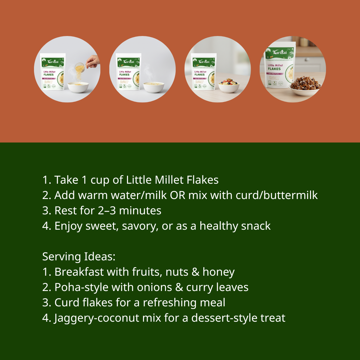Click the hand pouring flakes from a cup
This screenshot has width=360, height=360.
click(x=93, y=61)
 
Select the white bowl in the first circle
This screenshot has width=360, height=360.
click(x=78, y=87)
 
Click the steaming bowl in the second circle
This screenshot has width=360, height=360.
click(x=154, y=87)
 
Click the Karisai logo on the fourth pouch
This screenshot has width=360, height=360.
click(x=279, y=52)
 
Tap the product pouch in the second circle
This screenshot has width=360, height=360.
click(x=128, y=72)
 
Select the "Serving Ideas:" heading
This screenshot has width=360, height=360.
click(x=79, y=257)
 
